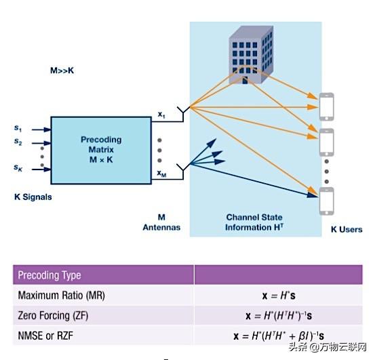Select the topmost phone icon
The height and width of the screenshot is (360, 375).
click(x=328, y=104)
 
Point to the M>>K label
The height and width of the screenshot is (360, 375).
click(x=63, y=70)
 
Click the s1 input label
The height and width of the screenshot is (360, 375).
click(x=18, y=127)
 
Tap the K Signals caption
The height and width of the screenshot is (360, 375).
click(x=33, y=197)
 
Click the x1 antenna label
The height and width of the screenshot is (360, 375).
click(x=161, y=115)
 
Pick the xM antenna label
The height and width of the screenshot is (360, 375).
click(x=161, y=174)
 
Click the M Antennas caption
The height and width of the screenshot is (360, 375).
click(x=161, y=222)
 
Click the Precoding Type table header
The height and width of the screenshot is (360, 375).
click(x=50, y=275)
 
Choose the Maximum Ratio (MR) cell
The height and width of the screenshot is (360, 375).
click(x=61, y=296)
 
